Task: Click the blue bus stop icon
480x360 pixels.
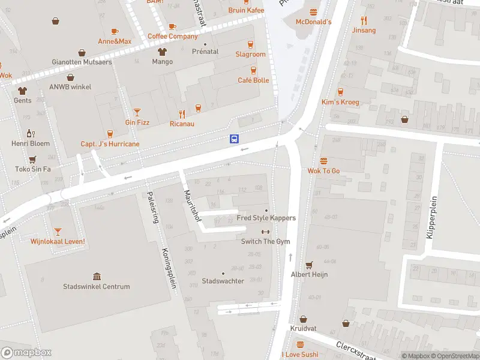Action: click(x=234, y=139)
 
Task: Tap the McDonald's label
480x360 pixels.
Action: click(x=313, y=22)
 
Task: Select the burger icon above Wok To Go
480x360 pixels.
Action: click(x=324, y=161)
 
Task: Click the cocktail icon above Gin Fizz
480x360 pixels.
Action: click(x=137, y=112)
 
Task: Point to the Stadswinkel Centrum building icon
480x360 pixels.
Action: click(x=97, y=276)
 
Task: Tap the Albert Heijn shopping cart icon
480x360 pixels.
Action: click(x=309, y=265)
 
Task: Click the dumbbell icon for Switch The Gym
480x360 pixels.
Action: click(x=265, y=232)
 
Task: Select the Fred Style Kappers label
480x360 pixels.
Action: click(x=266, y=218)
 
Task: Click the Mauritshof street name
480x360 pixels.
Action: click(x=191, y=206)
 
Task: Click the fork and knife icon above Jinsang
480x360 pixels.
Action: click(x=364, y=20)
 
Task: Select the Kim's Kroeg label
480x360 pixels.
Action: click(x=340, y=102)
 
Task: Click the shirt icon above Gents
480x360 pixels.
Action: click(x=23, y=91)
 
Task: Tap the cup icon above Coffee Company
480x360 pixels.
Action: click(x=172, y=26)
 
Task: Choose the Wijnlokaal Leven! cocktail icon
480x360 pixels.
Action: click(x=58, y=231)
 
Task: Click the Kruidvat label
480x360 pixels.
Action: click(x=303, y=329)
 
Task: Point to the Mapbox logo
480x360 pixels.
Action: click(x=26, y=353)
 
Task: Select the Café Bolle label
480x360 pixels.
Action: click(x=253, y=80)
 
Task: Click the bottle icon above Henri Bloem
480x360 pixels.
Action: click(x=30, y=133)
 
